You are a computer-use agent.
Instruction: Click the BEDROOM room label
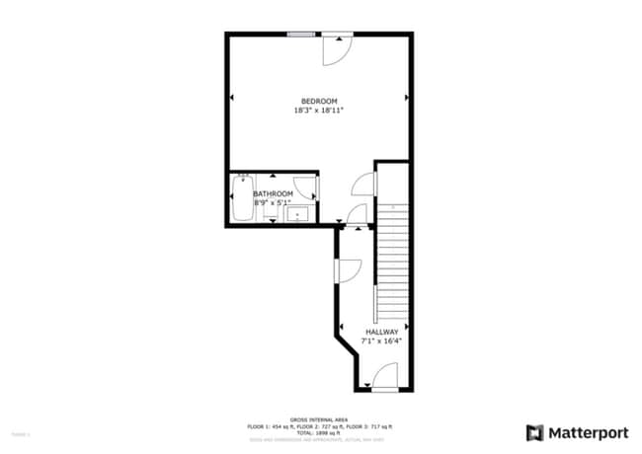[x=319, y=101]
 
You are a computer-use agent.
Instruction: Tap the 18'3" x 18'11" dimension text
[x=319, y=111]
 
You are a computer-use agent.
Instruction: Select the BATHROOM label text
[x=273, y=193]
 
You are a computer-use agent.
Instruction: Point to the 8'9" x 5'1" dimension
[x=273, y=202]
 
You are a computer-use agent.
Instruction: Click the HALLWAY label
[x=382, y=332]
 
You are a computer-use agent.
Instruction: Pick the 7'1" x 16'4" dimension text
[x=382, y=340]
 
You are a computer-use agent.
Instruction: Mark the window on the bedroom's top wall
[x=302, y=35]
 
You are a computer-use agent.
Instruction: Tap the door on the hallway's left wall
[x=349, y=268]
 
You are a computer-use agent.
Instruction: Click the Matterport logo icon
[x=534, y=432]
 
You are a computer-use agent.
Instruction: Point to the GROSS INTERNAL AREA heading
[x=319, y=418]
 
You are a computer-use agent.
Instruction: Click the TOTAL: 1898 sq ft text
[x=319, y=432]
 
